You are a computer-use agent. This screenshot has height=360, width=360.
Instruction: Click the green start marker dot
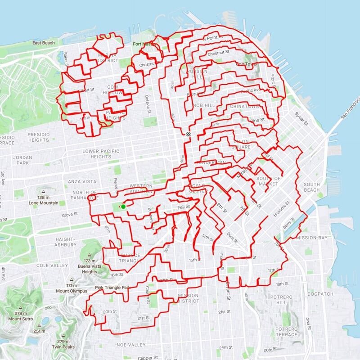[123, 207]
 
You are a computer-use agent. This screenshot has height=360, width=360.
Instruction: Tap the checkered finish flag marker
[188, 134]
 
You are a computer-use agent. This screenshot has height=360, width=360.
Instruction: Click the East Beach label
[44, 43]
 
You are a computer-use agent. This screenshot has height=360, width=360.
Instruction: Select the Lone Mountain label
[43, 203]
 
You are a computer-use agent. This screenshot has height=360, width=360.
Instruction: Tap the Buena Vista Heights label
[90, 269]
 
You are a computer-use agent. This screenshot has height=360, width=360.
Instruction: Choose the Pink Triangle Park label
[112, 287]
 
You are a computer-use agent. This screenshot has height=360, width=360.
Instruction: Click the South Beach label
[311, 187]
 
